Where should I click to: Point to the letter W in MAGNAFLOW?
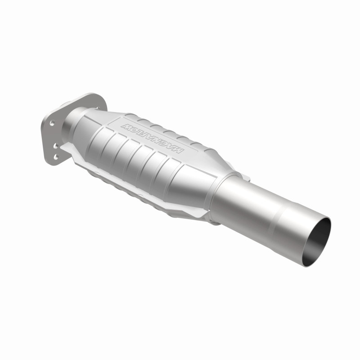[x=127, y=121]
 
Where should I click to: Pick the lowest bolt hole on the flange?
[x=56, y=157]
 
